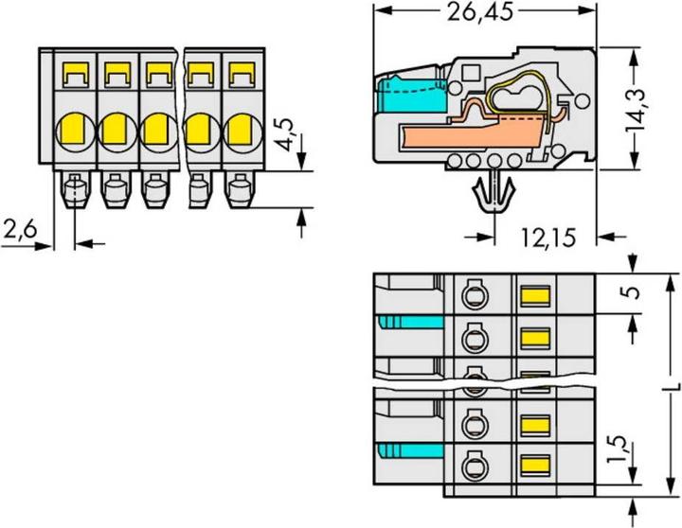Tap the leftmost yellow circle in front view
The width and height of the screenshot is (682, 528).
pos(74,127)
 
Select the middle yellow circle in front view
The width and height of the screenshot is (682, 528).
pos(156,127)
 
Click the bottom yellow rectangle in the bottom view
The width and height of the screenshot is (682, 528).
pos(535,464)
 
